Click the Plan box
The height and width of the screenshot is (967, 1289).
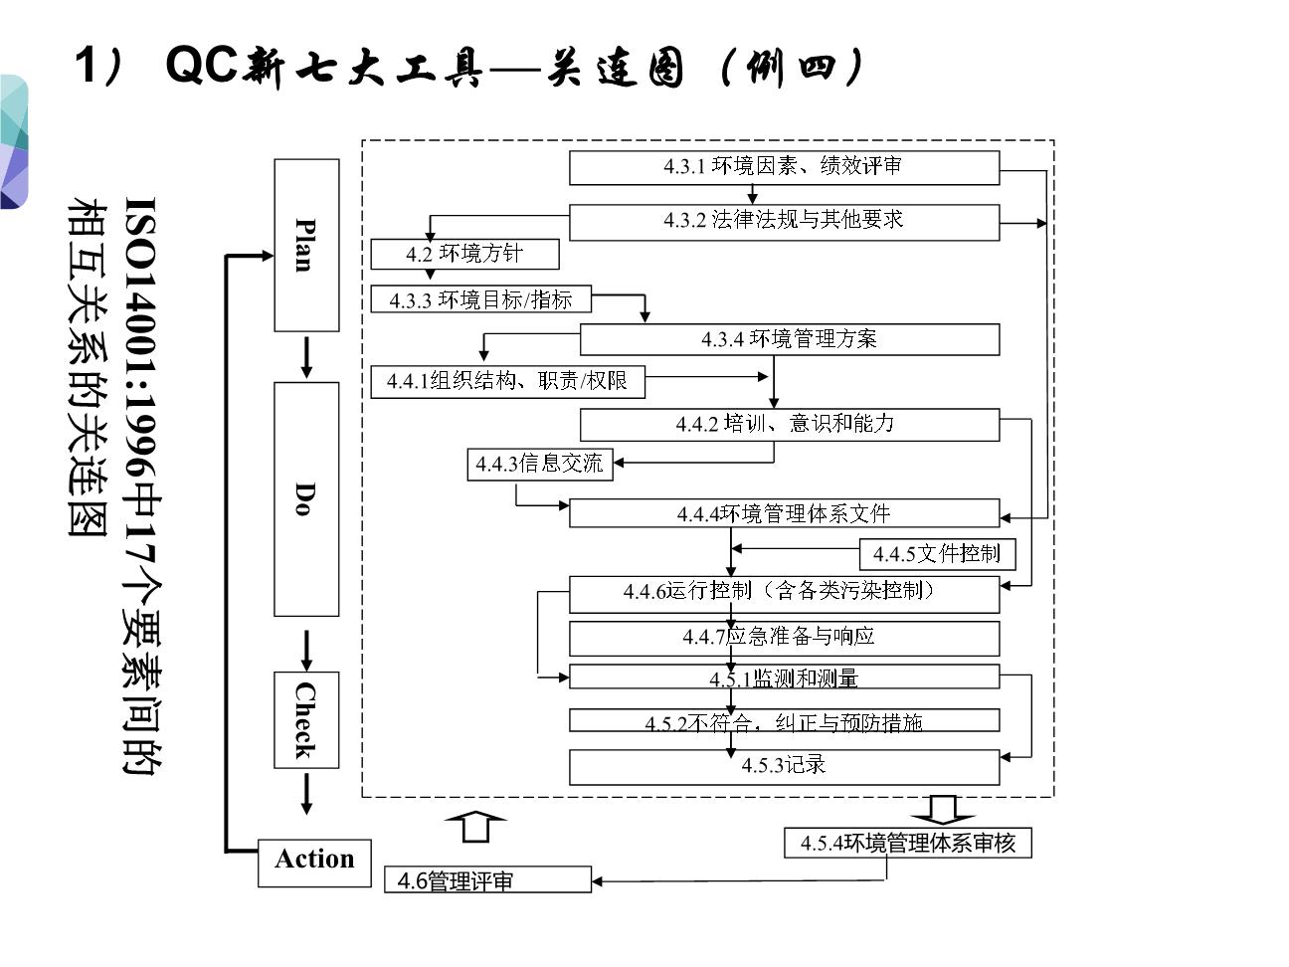[306, 245]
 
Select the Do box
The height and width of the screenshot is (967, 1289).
[306, 498]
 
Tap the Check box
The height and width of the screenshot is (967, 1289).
[306, 719]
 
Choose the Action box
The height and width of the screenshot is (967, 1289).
[314, 861]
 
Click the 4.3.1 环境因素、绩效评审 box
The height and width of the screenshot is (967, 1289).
[784, 167]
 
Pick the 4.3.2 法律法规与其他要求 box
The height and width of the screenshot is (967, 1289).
[784, 221]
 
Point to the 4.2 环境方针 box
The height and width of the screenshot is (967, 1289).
[464, 254]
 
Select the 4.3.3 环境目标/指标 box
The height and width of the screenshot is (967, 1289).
[480, 298]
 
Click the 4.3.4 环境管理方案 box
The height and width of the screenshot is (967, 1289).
[790, 339]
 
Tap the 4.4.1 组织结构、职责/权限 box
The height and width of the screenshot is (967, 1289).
[507, 381]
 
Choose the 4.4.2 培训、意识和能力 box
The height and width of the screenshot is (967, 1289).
[790, 424]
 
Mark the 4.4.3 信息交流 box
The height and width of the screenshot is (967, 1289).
[539, 464]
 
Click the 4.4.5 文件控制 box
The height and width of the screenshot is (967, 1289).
[937, 554]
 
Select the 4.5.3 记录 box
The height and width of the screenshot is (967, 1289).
[784, 766]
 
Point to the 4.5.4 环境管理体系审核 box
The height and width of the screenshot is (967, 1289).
[908, 843]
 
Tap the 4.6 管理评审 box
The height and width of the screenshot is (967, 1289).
[487, 879]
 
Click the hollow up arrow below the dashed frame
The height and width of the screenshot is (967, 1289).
[476, 827]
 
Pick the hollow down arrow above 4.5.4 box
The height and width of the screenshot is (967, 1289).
[942, 808]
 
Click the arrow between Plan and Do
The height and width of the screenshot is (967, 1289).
[306, 357]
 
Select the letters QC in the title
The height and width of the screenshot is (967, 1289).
[202, 66]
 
